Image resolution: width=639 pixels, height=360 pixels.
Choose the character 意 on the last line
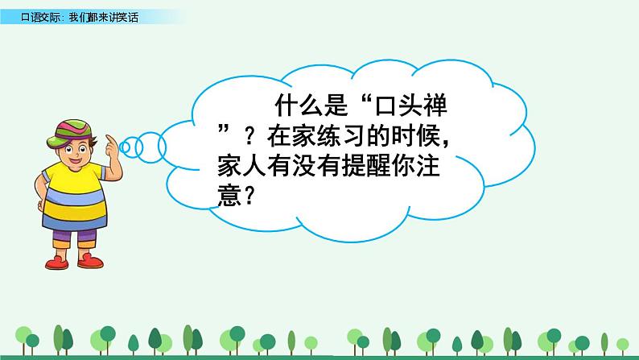(230, 196)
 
